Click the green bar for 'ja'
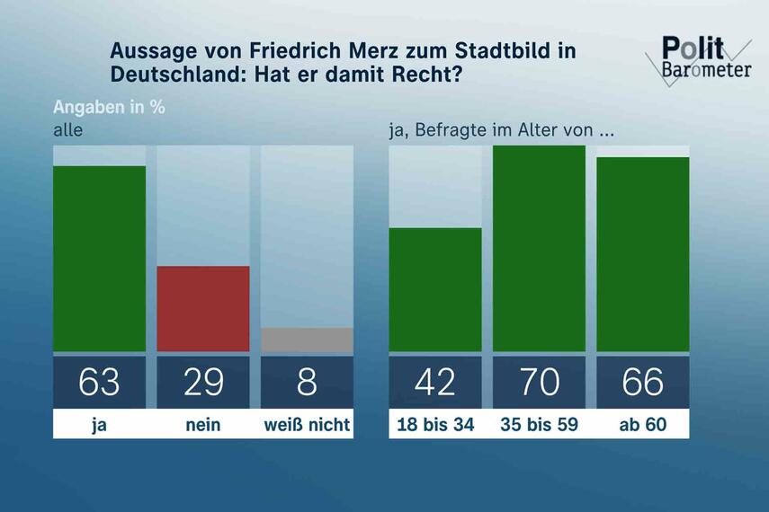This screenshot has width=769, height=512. pos(99,259)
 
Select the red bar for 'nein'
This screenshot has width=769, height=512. pos(203,308)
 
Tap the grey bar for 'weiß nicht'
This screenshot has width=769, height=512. pos(307,340)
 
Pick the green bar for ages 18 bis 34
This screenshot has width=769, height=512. pos(435,289)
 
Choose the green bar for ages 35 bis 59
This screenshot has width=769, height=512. pos(539,248)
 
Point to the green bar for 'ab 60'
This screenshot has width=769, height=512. pos(642,254)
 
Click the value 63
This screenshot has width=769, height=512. pos(99,382)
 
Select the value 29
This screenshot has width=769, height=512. pos(203,382)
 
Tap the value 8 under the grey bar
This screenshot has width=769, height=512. pos(307,382)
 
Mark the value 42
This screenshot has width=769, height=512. pos(435,382)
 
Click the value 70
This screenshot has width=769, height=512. pos(539,382)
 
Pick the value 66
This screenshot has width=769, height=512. pos(642,382)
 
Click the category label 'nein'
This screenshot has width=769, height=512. pos(203,425)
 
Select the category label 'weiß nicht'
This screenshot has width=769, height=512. pos(307,425)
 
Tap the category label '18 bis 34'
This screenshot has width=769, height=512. pos(435,425)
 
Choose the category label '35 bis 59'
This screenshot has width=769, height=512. pos(539,425)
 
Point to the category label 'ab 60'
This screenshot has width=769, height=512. pos(642,425)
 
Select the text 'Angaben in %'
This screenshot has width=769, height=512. pos(109,107)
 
